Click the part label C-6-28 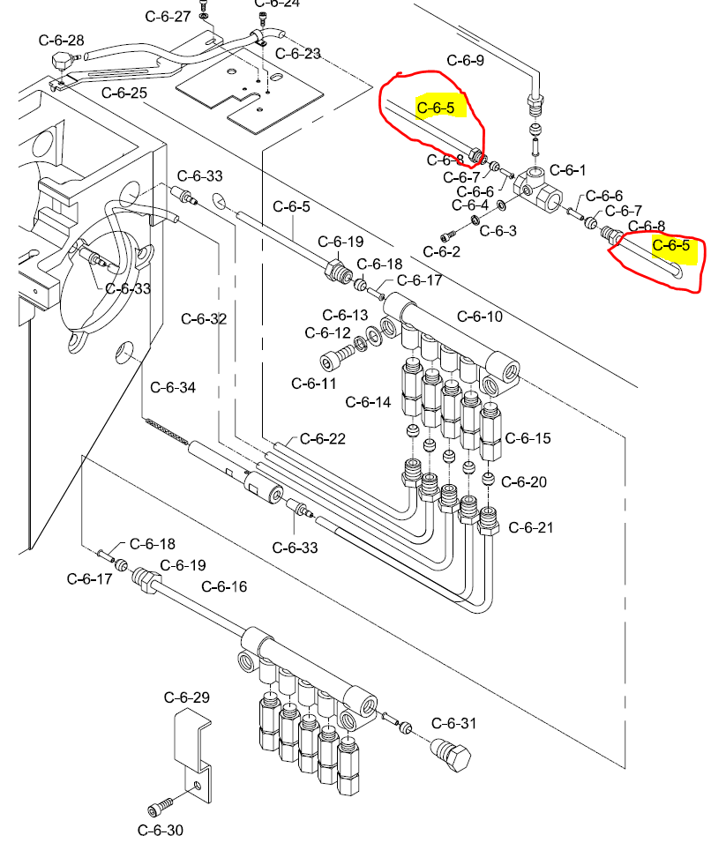62,41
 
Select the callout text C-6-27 168,17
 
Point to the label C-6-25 124,93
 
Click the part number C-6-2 442,251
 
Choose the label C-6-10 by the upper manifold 480,317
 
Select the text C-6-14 368,402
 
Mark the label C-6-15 528,437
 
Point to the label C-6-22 323,438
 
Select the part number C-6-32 204,318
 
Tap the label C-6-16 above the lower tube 224,586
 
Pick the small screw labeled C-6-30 154,809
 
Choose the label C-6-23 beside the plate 298,53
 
